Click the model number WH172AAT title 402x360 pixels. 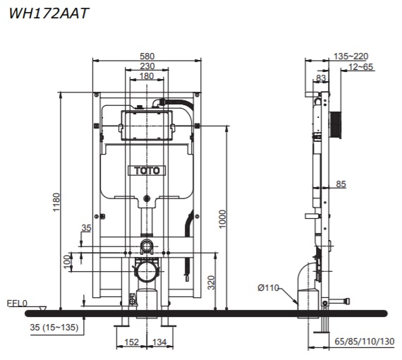tap(49, 12)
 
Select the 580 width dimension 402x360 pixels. tap(147, 56)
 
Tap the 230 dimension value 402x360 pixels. tap(147, 66)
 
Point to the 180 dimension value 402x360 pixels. tap(147, 76)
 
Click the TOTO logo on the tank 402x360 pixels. tap(147, 170)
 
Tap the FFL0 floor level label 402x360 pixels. tap(17, 304)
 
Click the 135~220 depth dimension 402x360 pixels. tap(351, 56)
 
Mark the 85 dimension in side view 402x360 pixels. tap(341, 184)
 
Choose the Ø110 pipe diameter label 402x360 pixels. tap(269, 287)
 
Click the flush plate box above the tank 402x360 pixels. tap(146, 125)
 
